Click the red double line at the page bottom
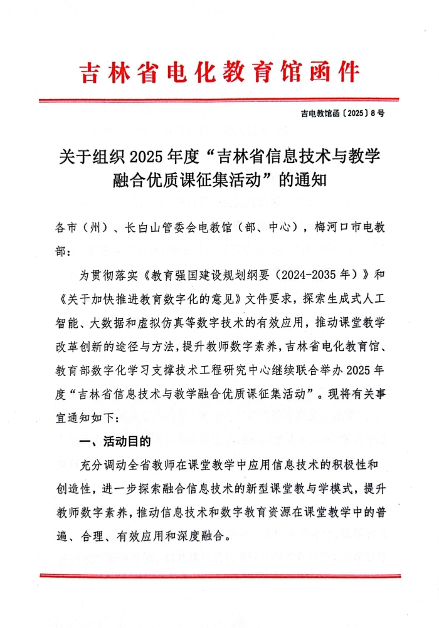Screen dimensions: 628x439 pyautogui.click(x=219, y=574)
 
